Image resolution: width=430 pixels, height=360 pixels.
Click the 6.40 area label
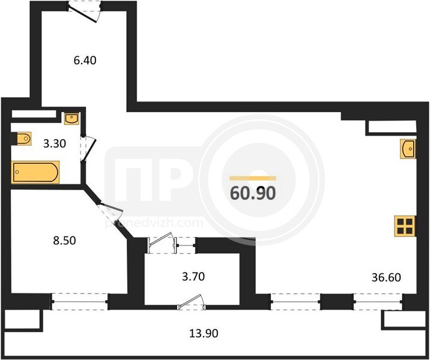[x=85, y=60]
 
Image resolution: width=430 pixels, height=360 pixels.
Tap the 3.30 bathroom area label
[x=55, y=143]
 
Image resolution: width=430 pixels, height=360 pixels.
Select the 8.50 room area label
[x=64, y=241]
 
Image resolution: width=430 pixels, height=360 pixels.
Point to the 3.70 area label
[x=193, y=277]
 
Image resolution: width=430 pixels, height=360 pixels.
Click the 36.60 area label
[x=386, y=278]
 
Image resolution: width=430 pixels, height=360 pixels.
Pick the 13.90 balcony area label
[x=204, y=334]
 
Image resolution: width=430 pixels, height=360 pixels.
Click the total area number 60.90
[x=253, y=193]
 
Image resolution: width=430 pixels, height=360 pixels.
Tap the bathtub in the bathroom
[x=36, y=172]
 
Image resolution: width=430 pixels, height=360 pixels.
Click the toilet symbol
[x=22, y=139]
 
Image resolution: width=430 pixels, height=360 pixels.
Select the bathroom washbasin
[x=71, y=118]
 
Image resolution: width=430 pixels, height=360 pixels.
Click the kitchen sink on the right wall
[x=408, y=149]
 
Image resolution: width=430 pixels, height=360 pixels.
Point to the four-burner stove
[x=405, y=226]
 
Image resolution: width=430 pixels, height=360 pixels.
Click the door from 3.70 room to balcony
[x=192, y=302]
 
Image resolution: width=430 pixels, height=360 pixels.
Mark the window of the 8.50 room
[x=79, y=302]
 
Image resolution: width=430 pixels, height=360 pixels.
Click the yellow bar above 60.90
[x=253, y=178]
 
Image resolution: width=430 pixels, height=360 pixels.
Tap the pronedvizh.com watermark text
[x=154, y=223]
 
